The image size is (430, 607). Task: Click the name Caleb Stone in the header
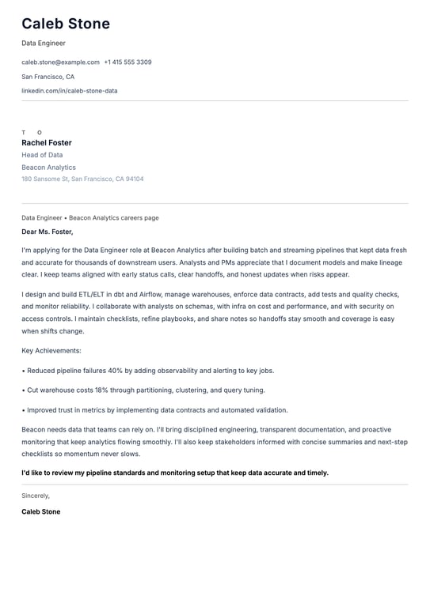point(66,24)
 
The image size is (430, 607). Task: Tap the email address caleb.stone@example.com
point(60,62)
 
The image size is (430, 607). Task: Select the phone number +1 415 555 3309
point(127,62)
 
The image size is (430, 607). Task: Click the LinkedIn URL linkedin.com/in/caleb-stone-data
point(69,91)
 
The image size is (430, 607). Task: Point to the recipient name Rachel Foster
point(47,143)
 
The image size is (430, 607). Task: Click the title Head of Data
point(42,155)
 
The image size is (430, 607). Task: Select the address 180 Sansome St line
point(82,179)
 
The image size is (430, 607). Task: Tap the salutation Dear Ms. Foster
point(48,232)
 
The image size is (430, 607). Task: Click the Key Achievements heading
point(51,350)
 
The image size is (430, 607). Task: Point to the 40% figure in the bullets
point(116,370)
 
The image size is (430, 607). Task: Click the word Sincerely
point(36,496)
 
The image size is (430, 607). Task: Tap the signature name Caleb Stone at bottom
point(40,511)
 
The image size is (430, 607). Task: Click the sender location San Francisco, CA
point(48,77)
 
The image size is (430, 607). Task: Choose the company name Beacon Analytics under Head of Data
point(48,168)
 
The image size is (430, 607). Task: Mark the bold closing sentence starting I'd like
point(174,473)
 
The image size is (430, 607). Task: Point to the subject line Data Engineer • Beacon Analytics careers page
point(89,217)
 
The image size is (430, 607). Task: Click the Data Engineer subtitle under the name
point(44,43)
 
